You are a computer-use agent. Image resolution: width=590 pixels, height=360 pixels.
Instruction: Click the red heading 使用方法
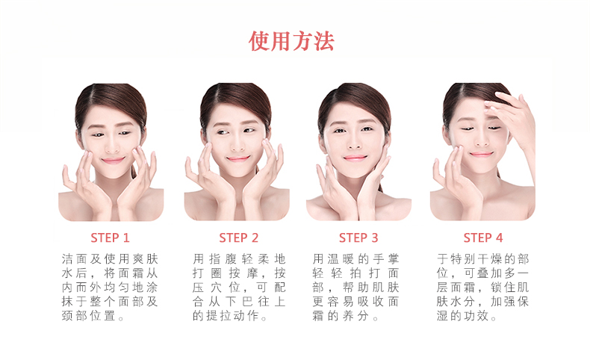291,41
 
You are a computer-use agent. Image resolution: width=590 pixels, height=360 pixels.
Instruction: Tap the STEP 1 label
110,238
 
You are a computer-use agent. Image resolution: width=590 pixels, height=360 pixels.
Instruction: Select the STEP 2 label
238,238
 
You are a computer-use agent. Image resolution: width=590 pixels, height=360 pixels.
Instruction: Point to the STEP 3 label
358,238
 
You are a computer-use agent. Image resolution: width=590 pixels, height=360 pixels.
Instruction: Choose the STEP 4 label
483,238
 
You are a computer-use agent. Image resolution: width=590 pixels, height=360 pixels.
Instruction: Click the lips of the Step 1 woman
113,161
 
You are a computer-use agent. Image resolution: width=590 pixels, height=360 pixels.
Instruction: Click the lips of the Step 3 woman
355,158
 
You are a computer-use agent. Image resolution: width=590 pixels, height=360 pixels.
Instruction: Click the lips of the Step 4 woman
481,154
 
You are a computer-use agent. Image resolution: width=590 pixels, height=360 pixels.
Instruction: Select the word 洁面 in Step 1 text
74,259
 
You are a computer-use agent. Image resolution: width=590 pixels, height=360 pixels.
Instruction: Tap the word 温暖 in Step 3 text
341,259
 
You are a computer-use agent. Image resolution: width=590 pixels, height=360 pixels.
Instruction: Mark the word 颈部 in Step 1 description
74,316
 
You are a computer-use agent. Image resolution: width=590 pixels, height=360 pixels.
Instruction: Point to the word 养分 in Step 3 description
355,316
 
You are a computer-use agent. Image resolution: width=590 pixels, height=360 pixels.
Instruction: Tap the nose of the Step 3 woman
354,142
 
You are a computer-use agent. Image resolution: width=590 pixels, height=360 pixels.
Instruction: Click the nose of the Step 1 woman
112,145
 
